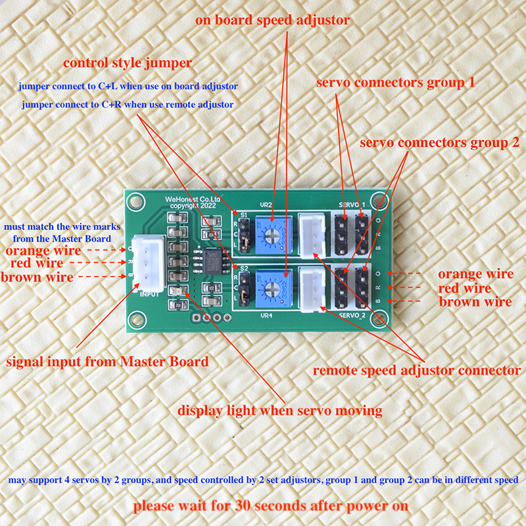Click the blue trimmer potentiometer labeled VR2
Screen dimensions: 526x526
272,234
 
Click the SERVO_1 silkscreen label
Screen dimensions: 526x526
352,205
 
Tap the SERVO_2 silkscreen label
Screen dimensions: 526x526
352,316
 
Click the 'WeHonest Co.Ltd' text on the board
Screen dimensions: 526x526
193,200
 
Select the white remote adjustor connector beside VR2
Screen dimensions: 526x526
312,236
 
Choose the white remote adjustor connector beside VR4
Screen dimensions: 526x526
313,290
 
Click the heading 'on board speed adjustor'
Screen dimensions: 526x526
272,20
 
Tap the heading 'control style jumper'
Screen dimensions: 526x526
128,63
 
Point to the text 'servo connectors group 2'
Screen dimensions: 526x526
439,143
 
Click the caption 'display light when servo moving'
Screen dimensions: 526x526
280,410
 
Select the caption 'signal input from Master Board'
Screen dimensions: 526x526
107,362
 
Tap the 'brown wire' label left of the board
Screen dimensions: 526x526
37,277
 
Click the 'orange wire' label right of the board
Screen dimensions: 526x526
475,274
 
